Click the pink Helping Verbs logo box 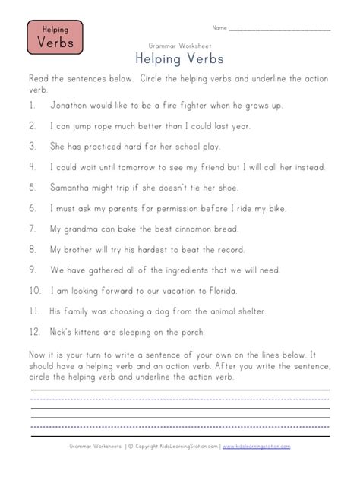tap(55, 37)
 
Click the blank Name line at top tap(279, 30)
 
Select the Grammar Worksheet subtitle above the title tap(179, 46)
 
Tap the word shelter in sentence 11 tap(244, 311)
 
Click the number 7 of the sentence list tap(32, 229)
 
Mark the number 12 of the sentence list tap(33, 331)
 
